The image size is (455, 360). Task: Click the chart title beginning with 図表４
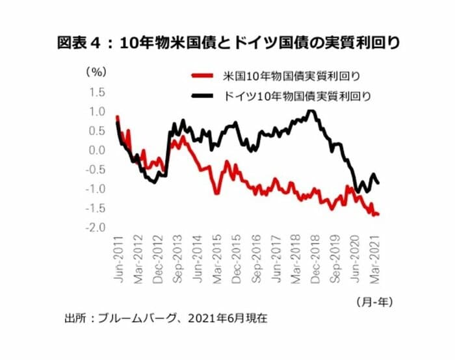pos(227,44)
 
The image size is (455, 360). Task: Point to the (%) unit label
pos(93,72)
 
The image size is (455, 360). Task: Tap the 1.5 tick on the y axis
pos(96,92)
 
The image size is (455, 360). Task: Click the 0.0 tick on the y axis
pos(96,150)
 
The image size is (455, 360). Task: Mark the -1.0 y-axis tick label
pos(95,189)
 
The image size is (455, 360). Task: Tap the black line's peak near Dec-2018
pos(312,111)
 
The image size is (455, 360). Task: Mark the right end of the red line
pos(378,214)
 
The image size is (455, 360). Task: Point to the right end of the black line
pos(379,183)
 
